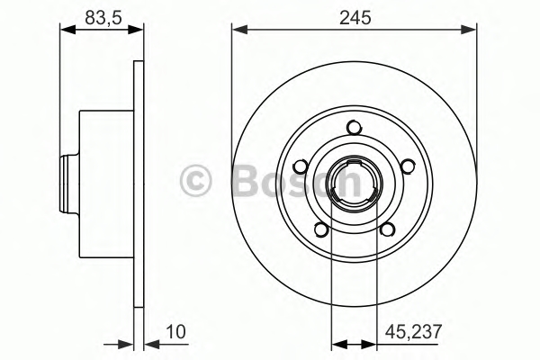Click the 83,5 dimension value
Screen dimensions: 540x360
click(x=103, y=18)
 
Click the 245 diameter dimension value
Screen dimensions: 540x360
click(x=355, y=18)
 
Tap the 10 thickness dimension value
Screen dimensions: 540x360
click(x=175, y=332)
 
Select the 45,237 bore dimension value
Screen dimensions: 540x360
click(x=413, y=332)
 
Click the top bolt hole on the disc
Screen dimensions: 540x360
click(x=354, y=128)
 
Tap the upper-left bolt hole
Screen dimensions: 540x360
click(x=301, y=166)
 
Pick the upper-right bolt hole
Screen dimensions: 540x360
click(x=408, y=166)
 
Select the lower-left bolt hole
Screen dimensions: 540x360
click(x=321, y=229)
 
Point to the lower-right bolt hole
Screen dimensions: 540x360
click(x=387, y=229)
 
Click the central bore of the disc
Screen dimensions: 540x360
click(x=354, y=184)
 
